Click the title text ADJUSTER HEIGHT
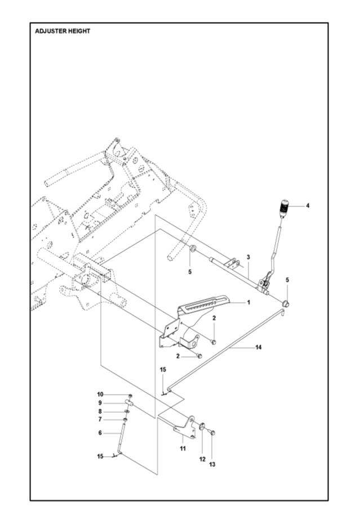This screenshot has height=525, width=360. (x=63, y=31)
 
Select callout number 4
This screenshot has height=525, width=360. (x=308, y=206)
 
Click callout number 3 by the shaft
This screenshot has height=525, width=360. (x=248, y=257)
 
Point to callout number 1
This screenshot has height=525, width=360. (x=248, y=302)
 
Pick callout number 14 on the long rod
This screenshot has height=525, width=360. (x=258, y=347)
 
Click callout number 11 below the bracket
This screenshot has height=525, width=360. (x=183, y=448)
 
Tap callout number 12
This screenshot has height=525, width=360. (x=201, y=460)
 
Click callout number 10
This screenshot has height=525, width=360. (x=100, y=394)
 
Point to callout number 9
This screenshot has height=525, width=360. (x=100, y=403)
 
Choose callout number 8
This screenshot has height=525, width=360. (x=100, y=411)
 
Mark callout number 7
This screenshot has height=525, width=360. (x=100, y=419)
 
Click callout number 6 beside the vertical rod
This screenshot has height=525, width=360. (x=100, y=433)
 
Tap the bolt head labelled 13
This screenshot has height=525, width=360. (x=212, y=433)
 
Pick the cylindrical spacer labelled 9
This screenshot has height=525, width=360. (x=129, y=403)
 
